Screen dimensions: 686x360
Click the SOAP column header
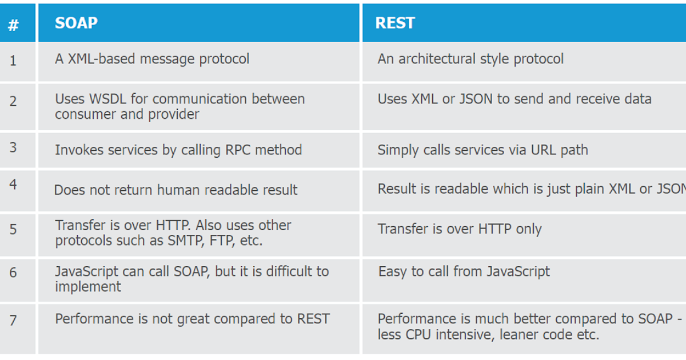click(76, 23)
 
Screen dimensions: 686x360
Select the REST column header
click(395, 23)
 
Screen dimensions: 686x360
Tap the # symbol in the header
click(13, 25)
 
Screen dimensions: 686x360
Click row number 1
click(13, 61)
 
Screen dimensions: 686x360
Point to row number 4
click(13, 184)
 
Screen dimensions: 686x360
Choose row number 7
click(13, 321)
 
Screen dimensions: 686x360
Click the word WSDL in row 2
click(107, 99)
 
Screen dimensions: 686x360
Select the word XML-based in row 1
click(101, 59)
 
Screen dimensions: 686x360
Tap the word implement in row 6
click(88, 287)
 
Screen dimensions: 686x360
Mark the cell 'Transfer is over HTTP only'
click(460, 229)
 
